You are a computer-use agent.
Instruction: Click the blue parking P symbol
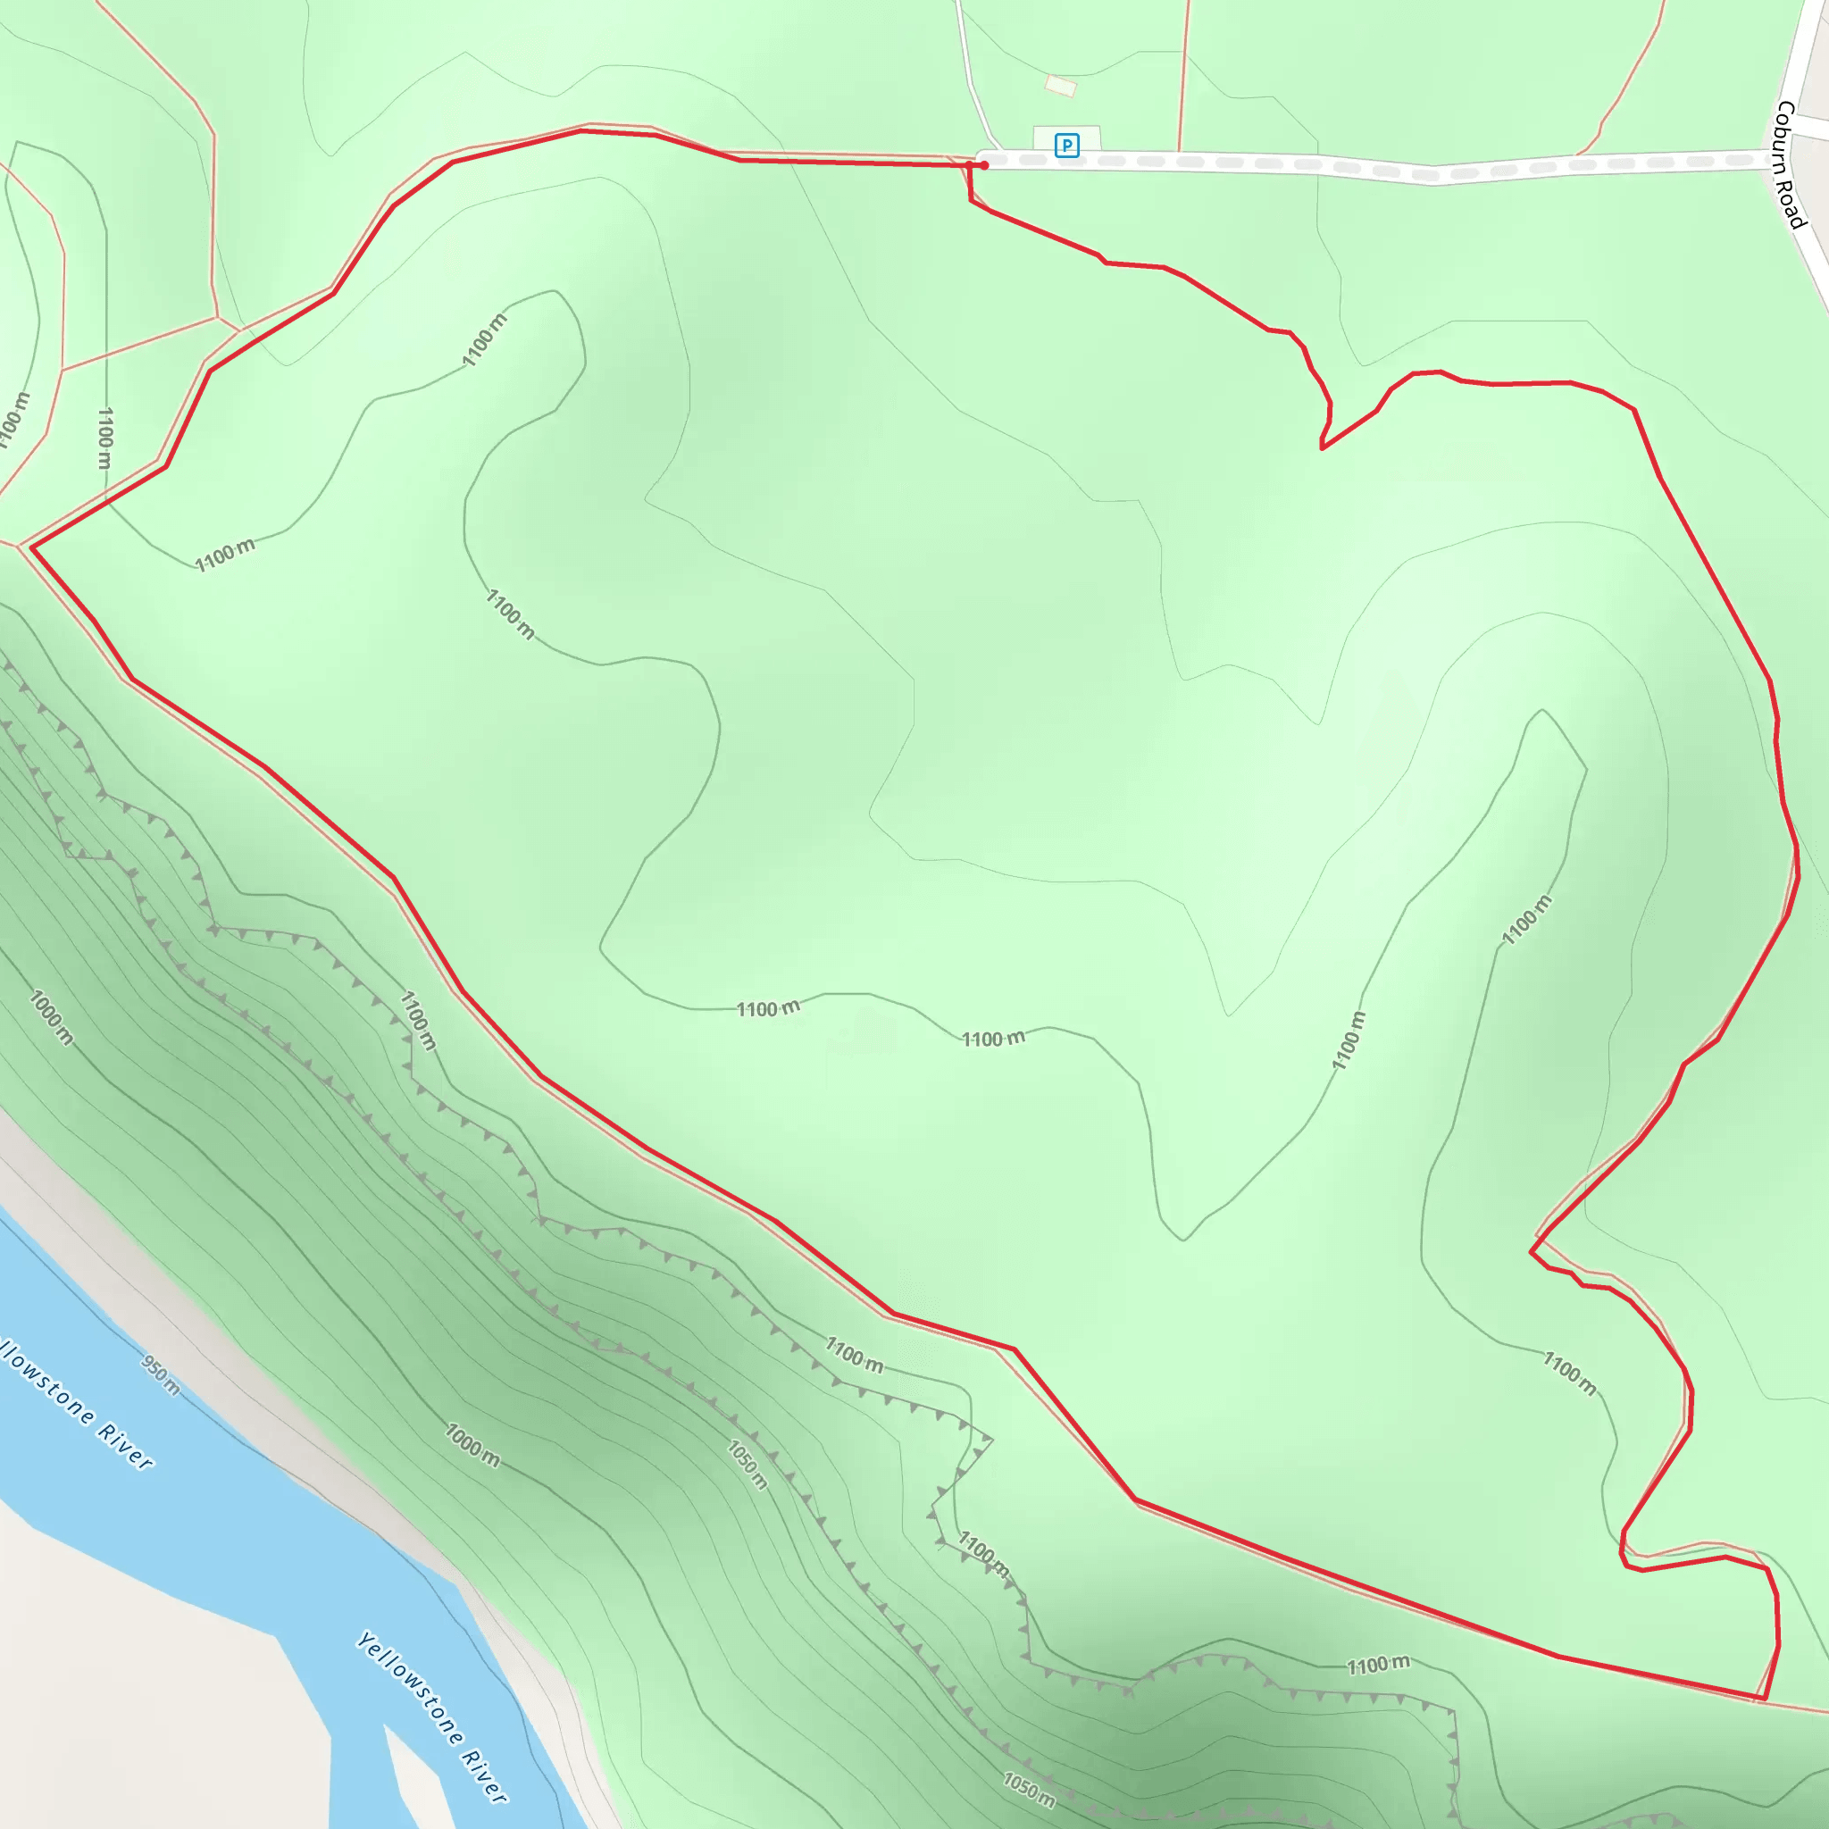tap(1067, 146)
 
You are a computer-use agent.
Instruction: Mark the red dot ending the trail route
tap(984, 166)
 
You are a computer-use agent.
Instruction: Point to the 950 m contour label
tap(160, 1374)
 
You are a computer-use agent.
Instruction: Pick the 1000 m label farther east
tap(472, 1446)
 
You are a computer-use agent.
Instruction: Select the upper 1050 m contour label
tap(747, 1465)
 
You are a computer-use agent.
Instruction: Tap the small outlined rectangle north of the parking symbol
tap(1060, 86)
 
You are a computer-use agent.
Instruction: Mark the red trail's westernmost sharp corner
tap(32, 547)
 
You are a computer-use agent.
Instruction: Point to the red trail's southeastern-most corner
tap(1764, 1700)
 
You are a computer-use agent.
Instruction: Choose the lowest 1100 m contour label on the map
tap(1378, 1666)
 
